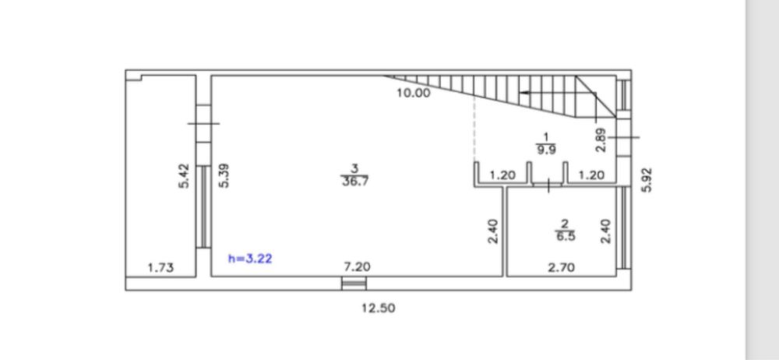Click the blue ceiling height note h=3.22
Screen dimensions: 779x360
(x=250, y=259)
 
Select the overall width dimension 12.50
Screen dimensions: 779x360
(x=379, y=309)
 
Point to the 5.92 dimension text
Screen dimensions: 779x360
(x=647, y=179)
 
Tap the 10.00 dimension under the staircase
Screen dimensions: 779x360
(x=414, y=93)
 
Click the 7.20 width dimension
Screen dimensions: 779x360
(x=357, y=267)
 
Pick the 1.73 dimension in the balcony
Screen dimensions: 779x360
(x=161, y=268)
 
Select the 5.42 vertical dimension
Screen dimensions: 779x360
(x=185, y=175)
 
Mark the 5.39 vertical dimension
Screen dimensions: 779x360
(x=224, y=175)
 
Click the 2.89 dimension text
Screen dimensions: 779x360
(x=601, y=139)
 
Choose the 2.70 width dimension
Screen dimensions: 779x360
(x=562, y=268)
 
